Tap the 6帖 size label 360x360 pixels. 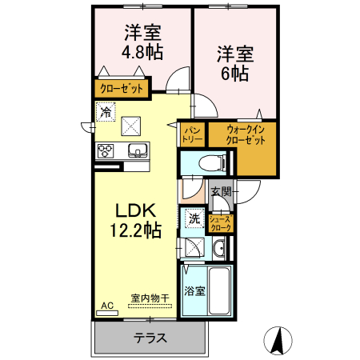(234, 72)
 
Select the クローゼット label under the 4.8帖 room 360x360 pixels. (121, 88)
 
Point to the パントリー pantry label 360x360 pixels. (193, 134)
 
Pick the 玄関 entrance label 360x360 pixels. (222, 191)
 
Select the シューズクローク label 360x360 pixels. (220, 223)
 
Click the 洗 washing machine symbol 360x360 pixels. (194, 217)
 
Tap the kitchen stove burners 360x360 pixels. (106, 150)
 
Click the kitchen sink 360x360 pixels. (137, 151)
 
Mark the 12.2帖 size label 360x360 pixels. (136, 230)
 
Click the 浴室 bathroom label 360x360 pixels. (195, 290)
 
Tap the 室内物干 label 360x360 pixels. (150, 298)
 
